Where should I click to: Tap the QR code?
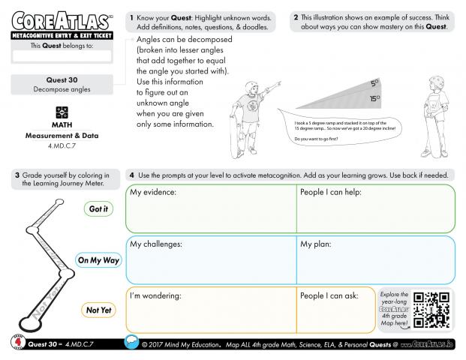pyautogui.click(x=433, y=310)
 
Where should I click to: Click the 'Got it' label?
pyautogui.click(x=98, y=209)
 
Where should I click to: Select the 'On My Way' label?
pyautogui.click(x=98, y=260)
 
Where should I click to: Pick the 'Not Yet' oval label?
pyautogui.click(x=98, y=310)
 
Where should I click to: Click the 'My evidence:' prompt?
pyautogui.click(x=153, y=193)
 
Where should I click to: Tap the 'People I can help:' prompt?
pyautogui.click(x=331, y=193)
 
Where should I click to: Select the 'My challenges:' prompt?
pyautogui.click(x=156, y=244)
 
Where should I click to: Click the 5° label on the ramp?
pyautogui.click(x=374, y=84)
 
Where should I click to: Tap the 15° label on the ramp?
pyautogui.click(x=374, y=98)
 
